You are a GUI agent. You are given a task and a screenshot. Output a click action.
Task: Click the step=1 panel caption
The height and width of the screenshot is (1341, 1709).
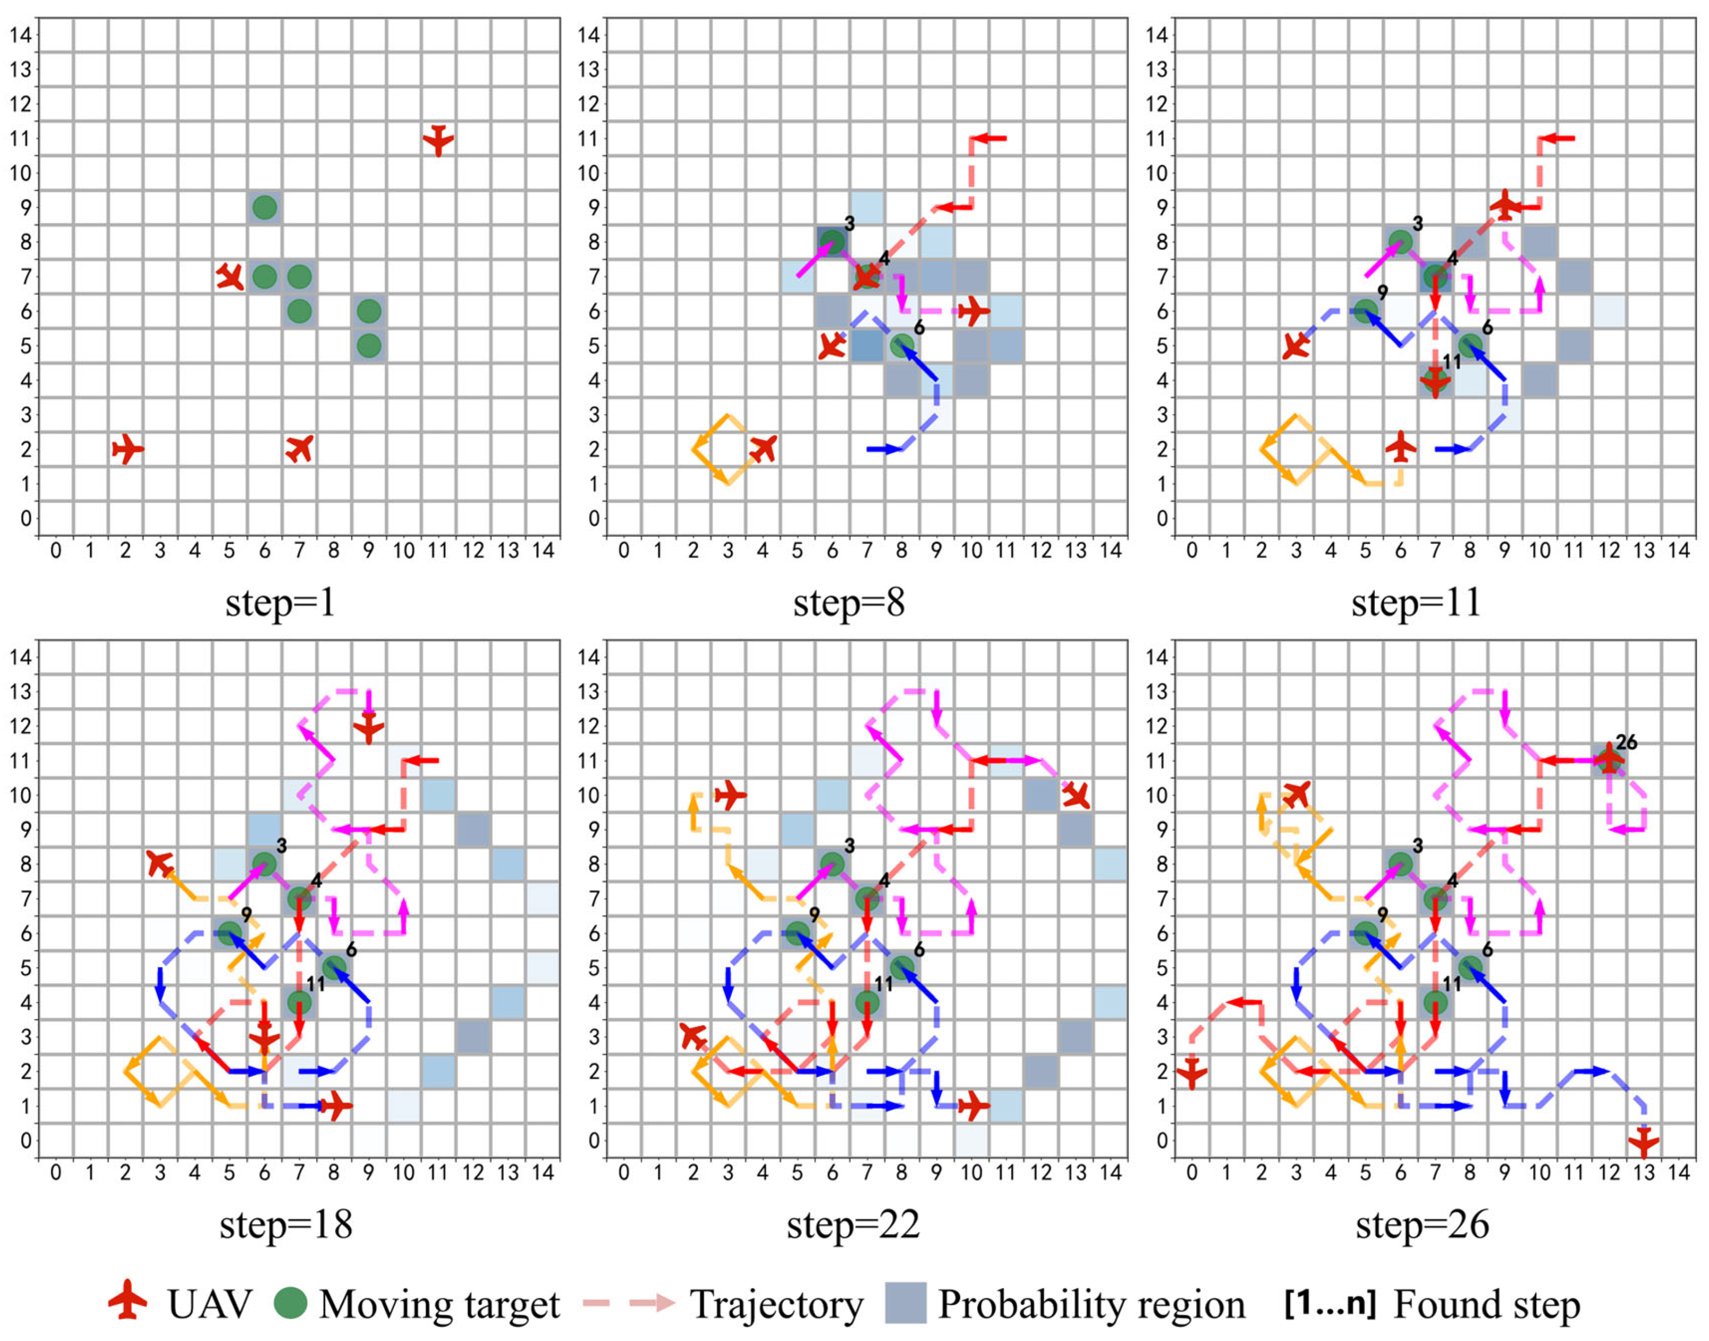tap(280, 603)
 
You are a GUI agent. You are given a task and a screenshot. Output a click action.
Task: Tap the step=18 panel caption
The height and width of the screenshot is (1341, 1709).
tap(286, 1225)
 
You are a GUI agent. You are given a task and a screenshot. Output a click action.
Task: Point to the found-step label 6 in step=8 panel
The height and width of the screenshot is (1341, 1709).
tap(919, 327)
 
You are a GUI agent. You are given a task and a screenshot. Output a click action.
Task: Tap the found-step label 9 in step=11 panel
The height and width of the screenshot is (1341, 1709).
tap(1382, 293)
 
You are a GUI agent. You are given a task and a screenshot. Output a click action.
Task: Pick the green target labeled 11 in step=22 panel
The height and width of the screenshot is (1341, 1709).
tap(867, 1002)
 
